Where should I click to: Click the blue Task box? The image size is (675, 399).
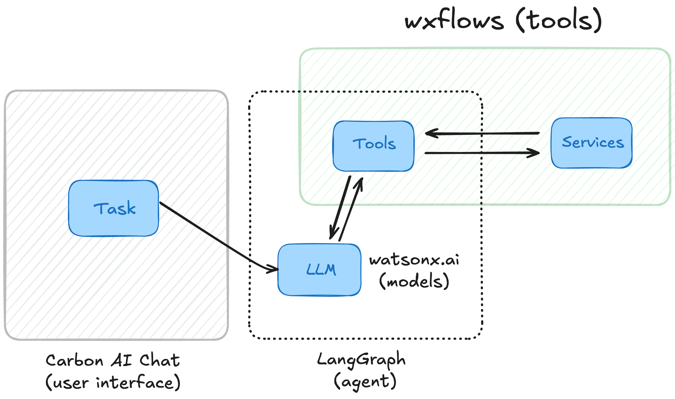pyautogui.click(x=114, y=208)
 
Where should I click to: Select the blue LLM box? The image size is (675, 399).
pyautogui.click(x=319, y=270)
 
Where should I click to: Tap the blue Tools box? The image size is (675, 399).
pyautogui.click(x=373, y=146)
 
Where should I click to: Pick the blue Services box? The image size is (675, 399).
pyautogui.click(x=592, y=143)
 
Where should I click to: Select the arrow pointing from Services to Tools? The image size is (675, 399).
pyautogui.click(x=482, y=133)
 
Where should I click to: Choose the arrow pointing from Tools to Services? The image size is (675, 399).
pyautogui.click(x=482, y=153)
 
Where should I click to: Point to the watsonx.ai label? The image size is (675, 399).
pyautogui.click(x=414, y=260)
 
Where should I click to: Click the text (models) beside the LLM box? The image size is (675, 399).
pyautogui.click(x=414, y=281)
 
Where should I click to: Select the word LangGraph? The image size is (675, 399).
pyautogui.click(x=361, y=360)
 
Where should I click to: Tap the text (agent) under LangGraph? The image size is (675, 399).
pyautogui.click(x=365, y=382)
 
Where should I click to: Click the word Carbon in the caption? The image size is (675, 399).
pyautogui.click(x=75, y=360)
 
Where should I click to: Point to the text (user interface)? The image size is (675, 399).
pyautogui.click(x=113, y=382)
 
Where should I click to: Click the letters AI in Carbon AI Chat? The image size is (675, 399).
pyautogui.click(x=121, y=360)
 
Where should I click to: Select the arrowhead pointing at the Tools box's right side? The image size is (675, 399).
pyautogui.click(x=431, y=133)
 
